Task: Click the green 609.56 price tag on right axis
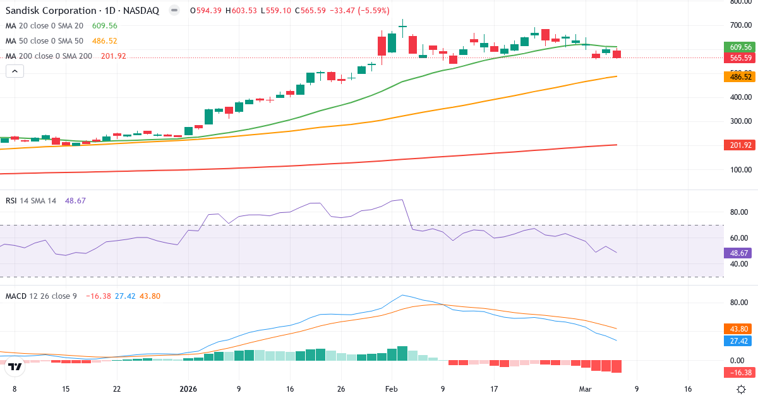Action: click(740, 47)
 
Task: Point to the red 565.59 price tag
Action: click(740, 57)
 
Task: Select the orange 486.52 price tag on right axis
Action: click(740, 76)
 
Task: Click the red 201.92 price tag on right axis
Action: click(740, 145)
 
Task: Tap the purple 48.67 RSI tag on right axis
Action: click(740, 253)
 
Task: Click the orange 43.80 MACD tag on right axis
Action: click(740, 329)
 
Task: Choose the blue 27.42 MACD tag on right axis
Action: click(740, 341)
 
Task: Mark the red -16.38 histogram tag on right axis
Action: click(740, 373)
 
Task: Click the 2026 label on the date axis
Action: click(188, 389)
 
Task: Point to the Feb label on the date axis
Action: click(392, 389)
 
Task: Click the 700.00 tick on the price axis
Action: click(739, 25)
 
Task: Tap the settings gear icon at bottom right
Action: click(742, 389)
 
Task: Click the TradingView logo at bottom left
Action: click(15, 366)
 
